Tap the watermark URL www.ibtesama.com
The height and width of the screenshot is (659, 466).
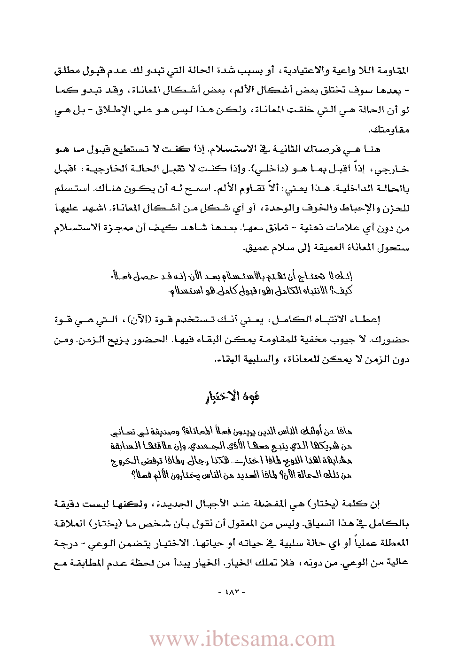coord(242,639)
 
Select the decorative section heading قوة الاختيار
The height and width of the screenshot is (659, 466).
coord(233,396)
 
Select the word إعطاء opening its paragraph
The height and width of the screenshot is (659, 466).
coord(366,320)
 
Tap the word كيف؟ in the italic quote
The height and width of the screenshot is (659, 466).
coord(344,291)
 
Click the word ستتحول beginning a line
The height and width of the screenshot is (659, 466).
coord(395,248)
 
